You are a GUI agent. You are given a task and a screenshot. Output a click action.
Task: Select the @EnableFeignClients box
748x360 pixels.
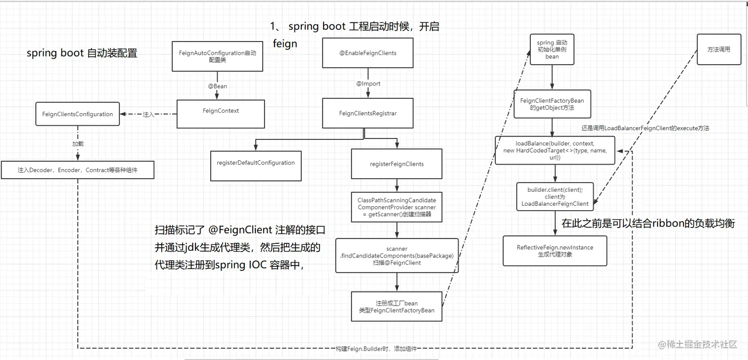368,53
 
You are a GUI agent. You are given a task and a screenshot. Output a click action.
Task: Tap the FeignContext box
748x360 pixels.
221,111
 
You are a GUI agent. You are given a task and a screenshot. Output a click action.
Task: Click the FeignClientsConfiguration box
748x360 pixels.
78,114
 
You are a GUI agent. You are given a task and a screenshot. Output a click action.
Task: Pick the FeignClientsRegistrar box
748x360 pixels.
368,113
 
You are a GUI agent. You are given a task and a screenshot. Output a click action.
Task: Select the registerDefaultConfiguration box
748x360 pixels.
256,163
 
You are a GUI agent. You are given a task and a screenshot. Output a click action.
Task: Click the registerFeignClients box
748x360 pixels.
396,164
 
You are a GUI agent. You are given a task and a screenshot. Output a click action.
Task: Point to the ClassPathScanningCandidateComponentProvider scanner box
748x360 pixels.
397,207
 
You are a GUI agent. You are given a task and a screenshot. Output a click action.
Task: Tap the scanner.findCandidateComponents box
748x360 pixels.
397,256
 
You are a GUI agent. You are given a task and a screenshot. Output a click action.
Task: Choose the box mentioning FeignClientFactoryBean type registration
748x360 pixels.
397,307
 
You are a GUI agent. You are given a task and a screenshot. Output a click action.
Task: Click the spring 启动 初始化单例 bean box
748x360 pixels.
552,50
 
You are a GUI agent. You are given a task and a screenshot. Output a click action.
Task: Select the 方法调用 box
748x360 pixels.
719,49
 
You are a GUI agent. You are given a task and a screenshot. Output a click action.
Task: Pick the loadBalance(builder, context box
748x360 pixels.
555,150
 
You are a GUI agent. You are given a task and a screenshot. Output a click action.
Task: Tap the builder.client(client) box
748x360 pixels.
555,197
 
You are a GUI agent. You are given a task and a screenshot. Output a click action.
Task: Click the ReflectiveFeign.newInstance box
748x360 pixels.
555,251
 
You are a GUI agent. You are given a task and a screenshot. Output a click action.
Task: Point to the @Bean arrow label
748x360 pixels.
217,86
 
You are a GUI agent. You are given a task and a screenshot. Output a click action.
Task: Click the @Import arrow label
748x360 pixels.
369,84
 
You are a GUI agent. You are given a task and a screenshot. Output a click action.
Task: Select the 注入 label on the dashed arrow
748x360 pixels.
148,115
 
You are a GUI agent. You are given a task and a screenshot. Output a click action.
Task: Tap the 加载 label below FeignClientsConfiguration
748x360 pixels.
79,144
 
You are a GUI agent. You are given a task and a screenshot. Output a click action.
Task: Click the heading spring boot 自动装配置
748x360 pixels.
82,53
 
